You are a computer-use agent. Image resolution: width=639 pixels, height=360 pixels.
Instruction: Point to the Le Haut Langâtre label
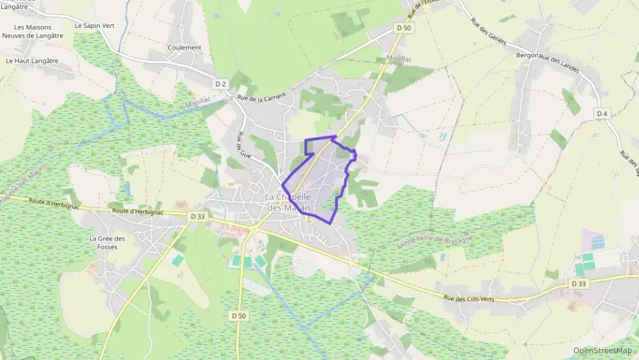[32, 60]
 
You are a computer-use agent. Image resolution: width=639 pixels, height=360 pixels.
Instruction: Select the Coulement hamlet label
[184, 48]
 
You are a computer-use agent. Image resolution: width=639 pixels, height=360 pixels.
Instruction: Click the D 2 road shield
[221, 84]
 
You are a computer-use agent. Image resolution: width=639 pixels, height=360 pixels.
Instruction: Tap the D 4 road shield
[601, 113]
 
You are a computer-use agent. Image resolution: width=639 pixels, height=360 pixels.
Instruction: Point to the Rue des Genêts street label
[488, 31]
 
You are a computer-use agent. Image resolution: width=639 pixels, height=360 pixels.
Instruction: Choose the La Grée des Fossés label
[107, 243]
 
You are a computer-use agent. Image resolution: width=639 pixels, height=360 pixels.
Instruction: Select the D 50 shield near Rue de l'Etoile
[403, 28]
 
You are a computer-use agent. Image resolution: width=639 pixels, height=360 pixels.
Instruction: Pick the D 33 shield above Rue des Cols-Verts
[578, 283]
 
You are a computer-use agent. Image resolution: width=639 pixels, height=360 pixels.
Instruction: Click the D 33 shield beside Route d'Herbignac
[198, 217]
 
